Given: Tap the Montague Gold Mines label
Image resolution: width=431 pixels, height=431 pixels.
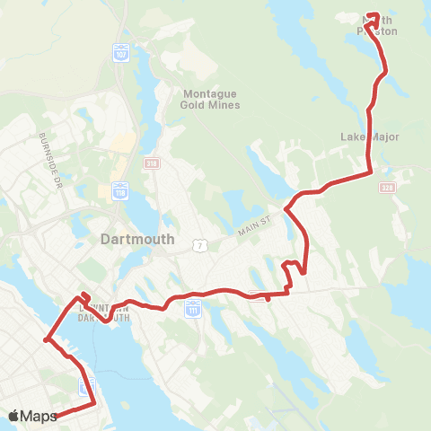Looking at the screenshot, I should point(212,99).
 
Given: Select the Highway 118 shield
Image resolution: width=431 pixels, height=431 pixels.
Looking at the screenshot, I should point(121,189).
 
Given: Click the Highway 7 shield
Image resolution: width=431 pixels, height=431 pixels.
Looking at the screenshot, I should point(199,244).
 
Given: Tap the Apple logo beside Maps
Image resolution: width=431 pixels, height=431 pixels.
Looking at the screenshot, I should point(14,416).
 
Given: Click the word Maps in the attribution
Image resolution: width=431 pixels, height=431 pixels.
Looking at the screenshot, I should point(39,416).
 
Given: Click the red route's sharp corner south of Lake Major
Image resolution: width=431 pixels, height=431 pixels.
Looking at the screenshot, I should point(370,172).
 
